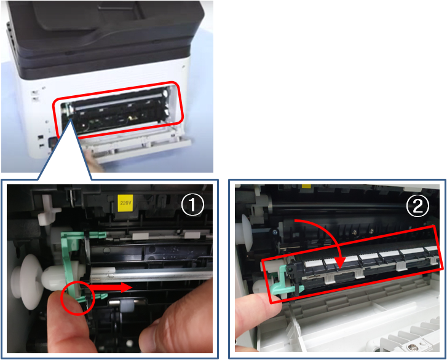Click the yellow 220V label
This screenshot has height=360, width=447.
tap(125, 203)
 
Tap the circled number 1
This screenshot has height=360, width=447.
tap(192, 205)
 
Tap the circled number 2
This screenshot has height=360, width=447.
tap(417, 206)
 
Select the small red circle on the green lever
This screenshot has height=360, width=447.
tap(77, 298)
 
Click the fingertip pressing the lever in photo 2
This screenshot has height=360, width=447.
tap(256, 310)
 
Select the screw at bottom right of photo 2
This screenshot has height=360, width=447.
tap(411, 346)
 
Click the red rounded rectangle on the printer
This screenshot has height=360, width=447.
tap(117, 110)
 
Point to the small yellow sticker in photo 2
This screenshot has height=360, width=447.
tap(306, 186)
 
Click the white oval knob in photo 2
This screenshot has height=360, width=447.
tap(247, 233)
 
